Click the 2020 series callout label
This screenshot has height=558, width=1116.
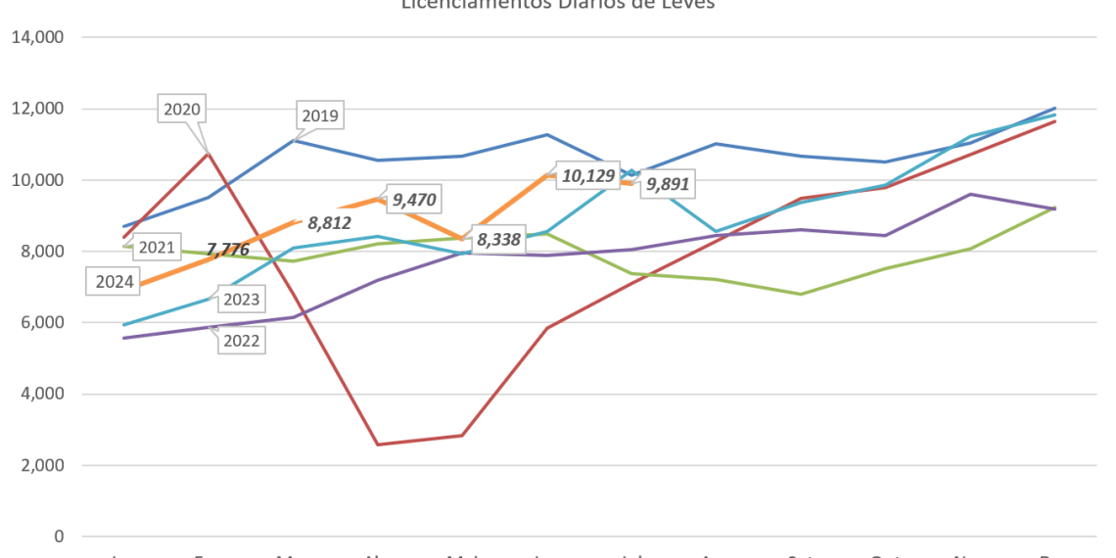coord(182,110)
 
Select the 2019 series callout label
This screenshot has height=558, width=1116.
coord(320,116)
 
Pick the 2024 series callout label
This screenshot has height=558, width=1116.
coord(116,283)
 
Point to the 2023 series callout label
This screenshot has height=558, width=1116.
coord(241,300)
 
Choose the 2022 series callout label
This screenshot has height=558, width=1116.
coord(241,341)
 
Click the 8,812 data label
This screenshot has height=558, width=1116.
coord(329,222)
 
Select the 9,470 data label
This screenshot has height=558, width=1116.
coord(413,201)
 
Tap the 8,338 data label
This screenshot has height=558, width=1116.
coord(498,239)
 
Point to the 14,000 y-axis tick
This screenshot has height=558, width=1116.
coord(38,38)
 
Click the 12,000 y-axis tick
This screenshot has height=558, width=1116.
coord(38,109)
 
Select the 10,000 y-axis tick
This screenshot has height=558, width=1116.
coord(38,180)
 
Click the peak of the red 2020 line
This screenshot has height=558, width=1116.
coord(208,152)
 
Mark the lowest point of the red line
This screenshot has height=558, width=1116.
coord(377,443)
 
